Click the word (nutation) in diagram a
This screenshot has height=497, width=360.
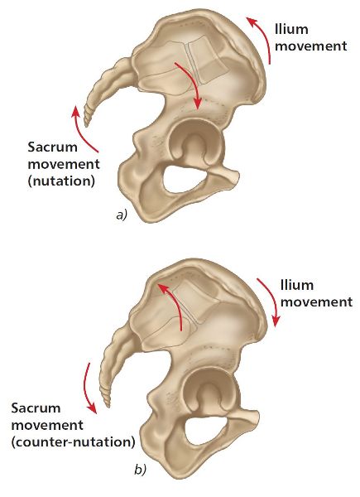click(61, 181)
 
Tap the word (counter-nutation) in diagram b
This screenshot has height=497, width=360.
click(73, 442)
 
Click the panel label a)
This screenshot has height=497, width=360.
click(122, 215)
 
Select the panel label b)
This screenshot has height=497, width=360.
click(140, 470)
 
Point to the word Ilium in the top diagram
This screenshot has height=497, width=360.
click(291, 30)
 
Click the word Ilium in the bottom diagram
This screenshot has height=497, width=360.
click(297, 285)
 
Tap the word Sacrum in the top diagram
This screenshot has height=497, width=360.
click(52, 147)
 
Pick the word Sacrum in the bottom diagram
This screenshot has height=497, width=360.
click(36, 408)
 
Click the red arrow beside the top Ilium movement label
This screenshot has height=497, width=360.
click(264, 37)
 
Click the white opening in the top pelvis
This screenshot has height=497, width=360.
click(185, 178)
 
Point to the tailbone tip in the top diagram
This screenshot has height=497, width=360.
click(85, 126)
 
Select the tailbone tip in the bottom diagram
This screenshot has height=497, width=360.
click(108, 405)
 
